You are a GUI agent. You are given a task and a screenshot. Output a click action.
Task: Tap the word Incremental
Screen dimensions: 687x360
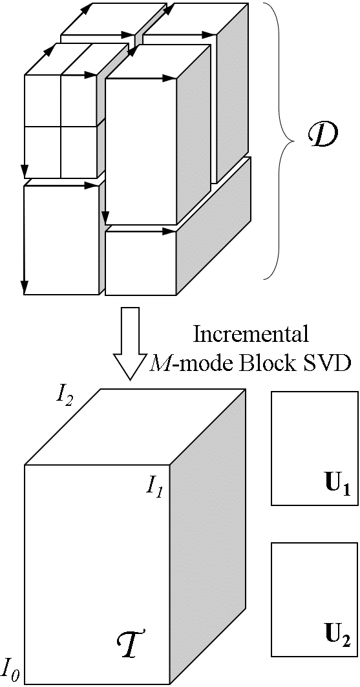[x=251, y=334]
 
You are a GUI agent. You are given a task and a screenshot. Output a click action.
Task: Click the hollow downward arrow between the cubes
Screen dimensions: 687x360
[x=130, y=343]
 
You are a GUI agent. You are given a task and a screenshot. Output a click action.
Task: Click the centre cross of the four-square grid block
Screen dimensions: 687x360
[x=61, y=126]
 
